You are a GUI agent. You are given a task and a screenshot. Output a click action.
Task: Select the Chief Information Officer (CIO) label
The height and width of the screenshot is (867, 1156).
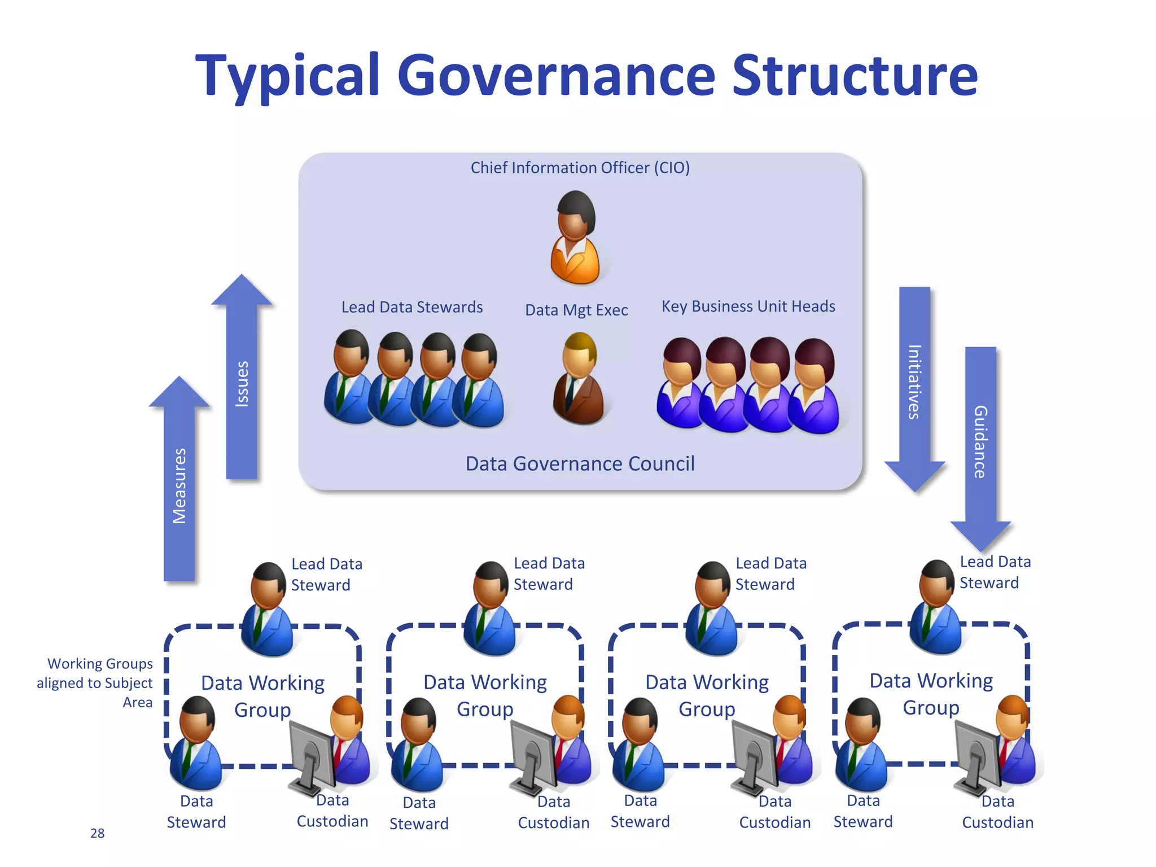pyautogui.click(x=580, y=168)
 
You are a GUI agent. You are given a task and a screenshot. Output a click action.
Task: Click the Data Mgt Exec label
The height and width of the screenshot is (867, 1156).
pyautogui.click(x=576, y=310)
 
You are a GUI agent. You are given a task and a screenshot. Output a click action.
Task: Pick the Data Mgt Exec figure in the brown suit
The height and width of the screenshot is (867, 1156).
pyautogui.click(x=578, y=379)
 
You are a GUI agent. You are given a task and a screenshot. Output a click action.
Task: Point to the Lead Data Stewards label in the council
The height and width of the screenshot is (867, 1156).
pyautogui.click(x=412, y=307)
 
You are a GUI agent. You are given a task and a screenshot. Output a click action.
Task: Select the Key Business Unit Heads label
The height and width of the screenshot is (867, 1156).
pyautogui.click(x=748, y=306)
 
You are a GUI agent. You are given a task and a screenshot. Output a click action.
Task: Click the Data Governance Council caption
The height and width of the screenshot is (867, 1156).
pyautogui.click(x=580, y=463)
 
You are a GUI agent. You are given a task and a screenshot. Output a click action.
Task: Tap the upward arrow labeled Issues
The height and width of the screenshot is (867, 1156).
pyautogui.click(x=242, y=384)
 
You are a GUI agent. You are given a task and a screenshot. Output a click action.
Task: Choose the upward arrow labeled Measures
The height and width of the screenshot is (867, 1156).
pyautogui.click(x=179, y=485)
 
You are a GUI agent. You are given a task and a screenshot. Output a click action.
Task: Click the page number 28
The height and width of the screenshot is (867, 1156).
pyautogui.click(x=97, y=833)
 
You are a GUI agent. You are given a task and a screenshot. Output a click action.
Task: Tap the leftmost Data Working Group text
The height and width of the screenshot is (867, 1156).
pyautogui.click(x=262, y=695)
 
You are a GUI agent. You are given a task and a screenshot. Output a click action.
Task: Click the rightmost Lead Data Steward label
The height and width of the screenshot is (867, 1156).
pyautogui.click(x=995, y=572)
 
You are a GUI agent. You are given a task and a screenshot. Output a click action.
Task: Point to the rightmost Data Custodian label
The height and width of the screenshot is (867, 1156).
pyautogui.click(x=997, y=812)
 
